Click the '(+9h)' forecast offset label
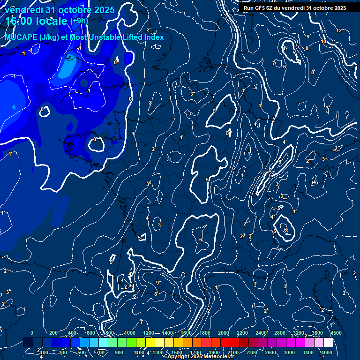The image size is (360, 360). (78, 21)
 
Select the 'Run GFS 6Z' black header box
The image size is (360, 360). (295, 8)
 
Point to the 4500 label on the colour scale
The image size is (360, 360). (336, 333)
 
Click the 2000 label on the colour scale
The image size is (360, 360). (224, 333)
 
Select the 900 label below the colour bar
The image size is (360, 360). (119, 352)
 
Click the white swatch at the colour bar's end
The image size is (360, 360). (328, 343)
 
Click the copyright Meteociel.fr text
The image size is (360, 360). (199, 357)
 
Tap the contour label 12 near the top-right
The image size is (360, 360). (339, 30)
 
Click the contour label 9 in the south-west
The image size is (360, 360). (157, 283)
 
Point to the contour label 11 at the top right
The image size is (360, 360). (323, 31)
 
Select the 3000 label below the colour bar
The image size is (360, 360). (289, 352)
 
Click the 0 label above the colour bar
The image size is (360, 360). (32, 333)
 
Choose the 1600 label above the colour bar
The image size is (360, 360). (186, 333)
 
